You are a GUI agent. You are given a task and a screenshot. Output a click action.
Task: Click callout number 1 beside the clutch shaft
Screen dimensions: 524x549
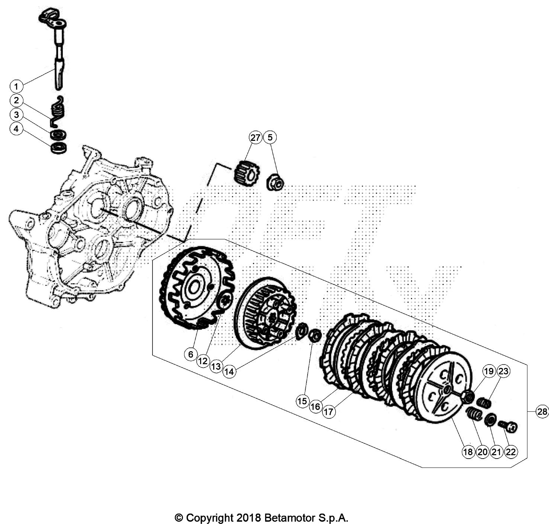[16, 87]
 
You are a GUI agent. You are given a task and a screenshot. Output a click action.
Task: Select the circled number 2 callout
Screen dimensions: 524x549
[16, 100]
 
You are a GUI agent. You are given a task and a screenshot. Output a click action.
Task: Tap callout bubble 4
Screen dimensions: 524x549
[16, 129]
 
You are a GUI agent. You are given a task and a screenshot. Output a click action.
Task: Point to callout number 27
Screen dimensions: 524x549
[256, 138]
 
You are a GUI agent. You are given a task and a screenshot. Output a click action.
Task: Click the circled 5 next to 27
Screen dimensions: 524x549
[270, 138]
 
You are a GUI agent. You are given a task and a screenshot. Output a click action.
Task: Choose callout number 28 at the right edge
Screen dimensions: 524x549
[542, 411]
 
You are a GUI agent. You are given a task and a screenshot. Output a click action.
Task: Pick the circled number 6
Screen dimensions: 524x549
[191, 355]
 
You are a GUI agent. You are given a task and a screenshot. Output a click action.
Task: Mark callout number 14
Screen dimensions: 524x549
[230, 371]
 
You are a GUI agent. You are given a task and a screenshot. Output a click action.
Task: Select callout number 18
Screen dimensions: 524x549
[468, 452]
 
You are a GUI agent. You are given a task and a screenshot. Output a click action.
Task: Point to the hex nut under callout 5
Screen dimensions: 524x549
[275, 182]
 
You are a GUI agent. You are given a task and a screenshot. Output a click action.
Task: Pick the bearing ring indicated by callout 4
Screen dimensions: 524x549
[58, 148]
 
